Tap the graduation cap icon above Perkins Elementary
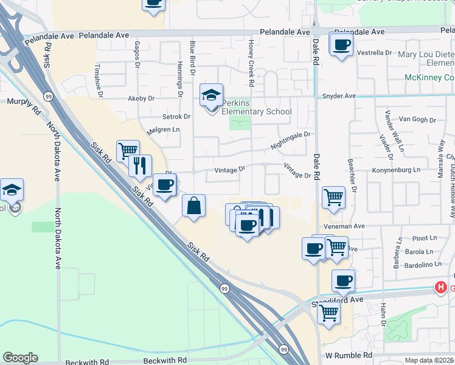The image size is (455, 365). coord(211,96)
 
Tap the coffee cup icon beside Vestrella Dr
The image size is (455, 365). coord(341,44)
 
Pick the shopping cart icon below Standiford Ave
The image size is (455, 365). coord(328,313)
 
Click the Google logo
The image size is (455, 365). coord(20,358)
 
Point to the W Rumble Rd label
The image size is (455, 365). coord(348,355)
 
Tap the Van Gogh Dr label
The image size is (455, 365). coord(420,120)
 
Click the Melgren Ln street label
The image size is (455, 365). coord(164,130)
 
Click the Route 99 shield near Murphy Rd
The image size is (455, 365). coord(47,96)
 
